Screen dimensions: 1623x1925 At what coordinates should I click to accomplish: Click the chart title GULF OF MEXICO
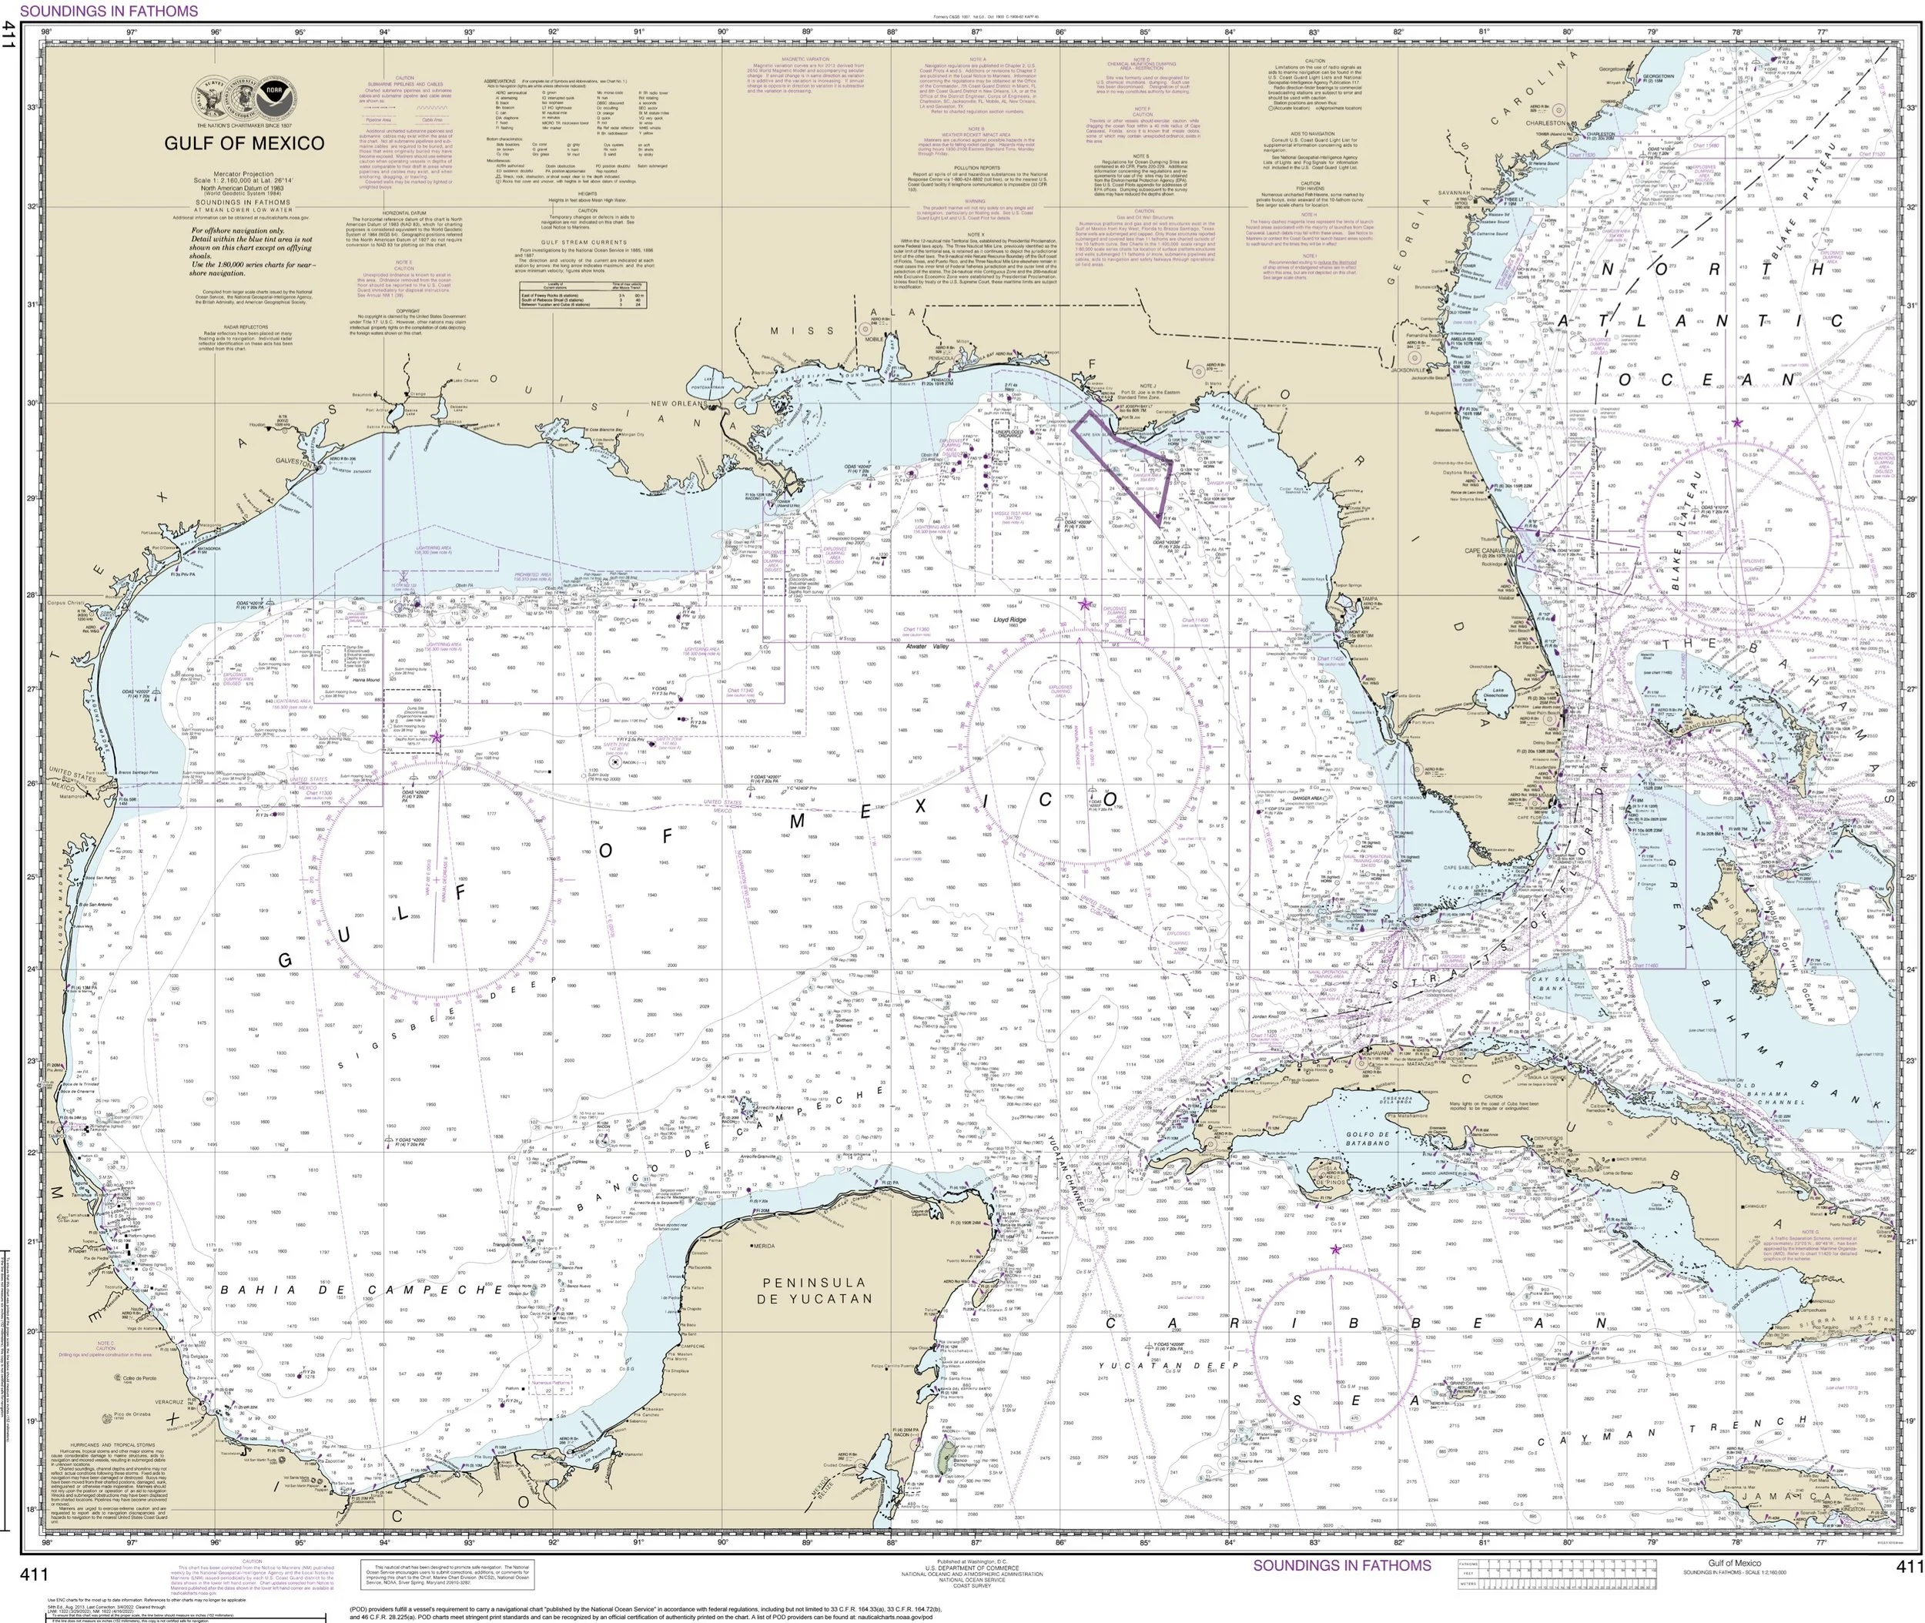[244, 143]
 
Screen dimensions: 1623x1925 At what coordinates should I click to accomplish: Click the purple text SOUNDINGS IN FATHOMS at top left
[109, 11]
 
